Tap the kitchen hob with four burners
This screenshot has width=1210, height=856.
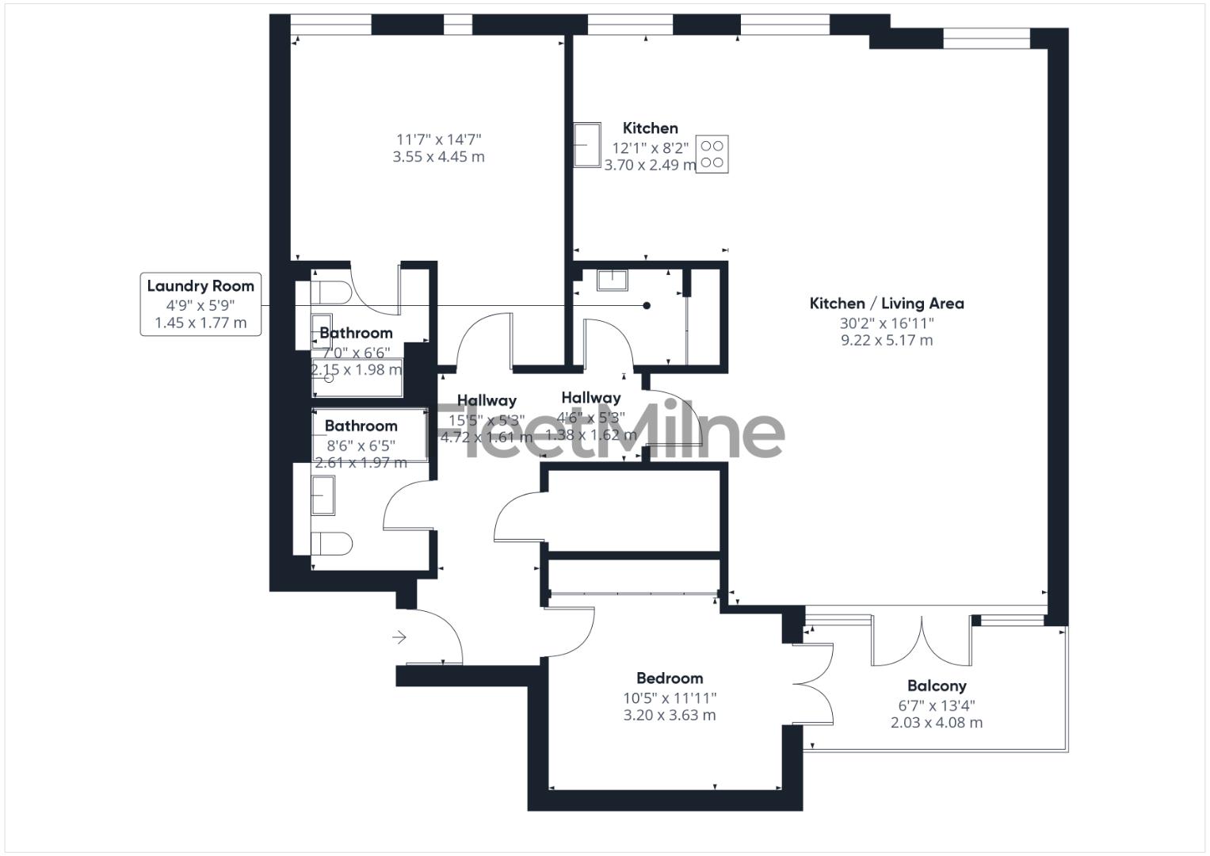click(712, 154)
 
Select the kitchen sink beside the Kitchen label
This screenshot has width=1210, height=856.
click(588, 145)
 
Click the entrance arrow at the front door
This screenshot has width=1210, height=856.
click(399, 636)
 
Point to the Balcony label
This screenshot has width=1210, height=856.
click(937, 686)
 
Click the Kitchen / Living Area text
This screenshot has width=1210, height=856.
click(887, 303)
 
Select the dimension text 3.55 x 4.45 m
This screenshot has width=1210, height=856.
click(438, 157)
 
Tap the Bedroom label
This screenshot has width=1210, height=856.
click(670, 678)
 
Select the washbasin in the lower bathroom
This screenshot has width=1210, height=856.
click(324, 495)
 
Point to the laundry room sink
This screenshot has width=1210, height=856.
click(612, 280)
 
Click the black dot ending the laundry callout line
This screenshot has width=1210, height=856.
click(647, 305)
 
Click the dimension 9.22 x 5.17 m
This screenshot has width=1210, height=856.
click(887, 341)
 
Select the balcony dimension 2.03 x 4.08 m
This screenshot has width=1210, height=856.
click(937, 722)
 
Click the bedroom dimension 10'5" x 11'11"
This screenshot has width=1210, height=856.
click(670, 697)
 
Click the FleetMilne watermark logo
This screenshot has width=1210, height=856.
click(606, 432)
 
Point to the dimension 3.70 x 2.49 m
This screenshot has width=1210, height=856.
click(650, 165)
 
